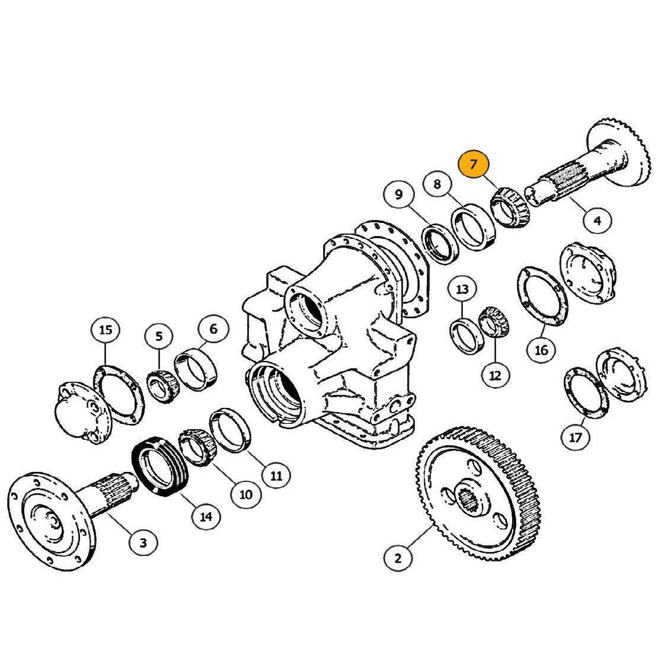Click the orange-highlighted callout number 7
coord(474,164)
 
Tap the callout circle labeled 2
coord(398,558)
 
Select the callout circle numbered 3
coord(143,542)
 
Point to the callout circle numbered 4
coord(597,220)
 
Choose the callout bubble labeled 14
coord(206,516)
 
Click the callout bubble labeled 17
coord(576,437)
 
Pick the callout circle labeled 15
coord(106,330)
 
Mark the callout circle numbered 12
coord(495,376)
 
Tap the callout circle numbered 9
coord(399,194)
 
